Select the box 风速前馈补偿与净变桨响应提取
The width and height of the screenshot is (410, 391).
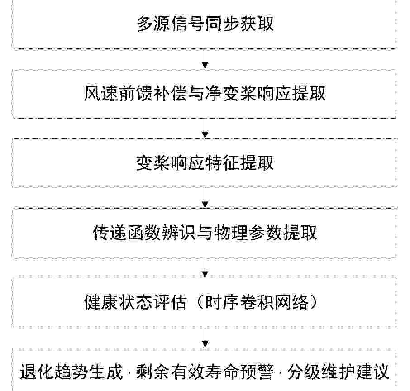205,94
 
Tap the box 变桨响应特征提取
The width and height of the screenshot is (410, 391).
205,163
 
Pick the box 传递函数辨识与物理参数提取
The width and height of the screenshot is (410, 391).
205,233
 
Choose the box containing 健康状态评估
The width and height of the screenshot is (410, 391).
205,303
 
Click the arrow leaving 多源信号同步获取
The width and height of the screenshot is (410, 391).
205,59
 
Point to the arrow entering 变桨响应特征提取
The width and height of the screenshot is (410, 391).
205,129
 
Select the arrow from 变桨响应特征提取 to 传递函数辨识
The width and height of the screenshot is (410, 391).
205,198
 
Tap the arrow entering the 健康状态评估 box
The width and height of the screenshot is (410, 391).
205,268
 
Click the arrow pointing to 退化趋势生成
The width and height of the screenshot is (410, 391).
205,338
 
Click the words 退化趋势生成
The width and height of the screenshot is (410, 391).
71,372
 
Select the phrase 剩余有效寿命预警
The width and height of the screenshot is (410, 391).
205,372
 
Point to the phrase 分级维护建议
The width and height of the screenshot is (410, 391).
339,372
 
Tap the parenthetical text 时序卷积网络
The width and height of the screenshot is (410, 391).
257,303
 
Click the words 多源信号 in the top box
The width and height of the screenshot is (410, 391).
171,24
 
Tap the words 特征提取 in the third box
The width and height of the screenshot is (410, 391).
239,163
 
